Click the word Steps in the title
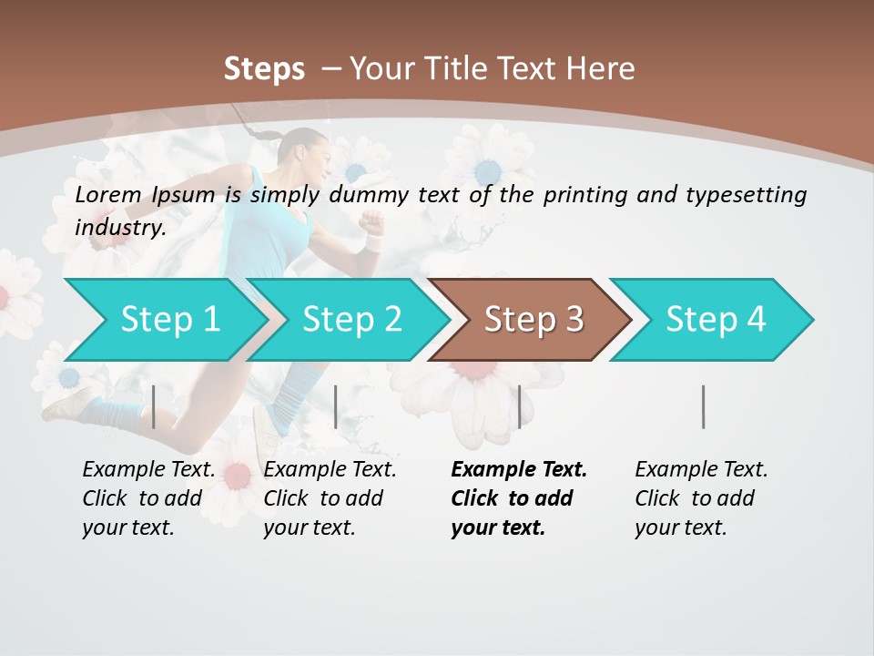click(x=264, y=69)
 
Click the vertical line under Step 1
click(x=154, y=406)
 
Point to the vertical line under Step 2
click(x=336, y=406)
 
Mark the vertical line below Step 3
click(x=520, y=406)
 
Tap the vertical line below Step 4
click(x=704, y=406)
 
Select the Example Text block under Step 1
click(x=148, y=498)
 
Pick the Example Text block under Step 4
click(x=701, y=498)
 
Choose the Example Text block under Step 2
click(x=330, y=498)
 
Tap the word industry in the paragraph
click(x=119, y=227)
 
